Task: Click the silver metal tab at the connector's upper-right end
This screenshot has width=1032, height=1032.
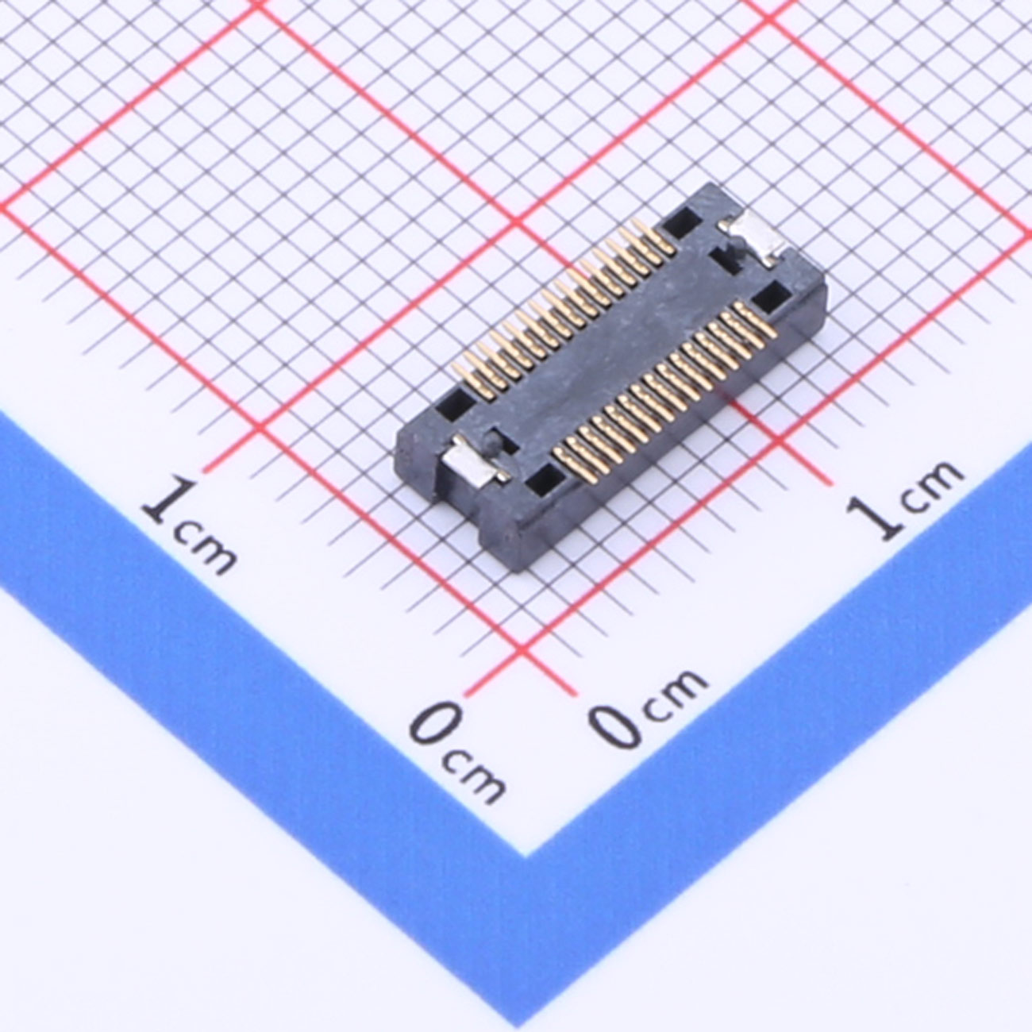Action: click(x=753, y=238)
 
